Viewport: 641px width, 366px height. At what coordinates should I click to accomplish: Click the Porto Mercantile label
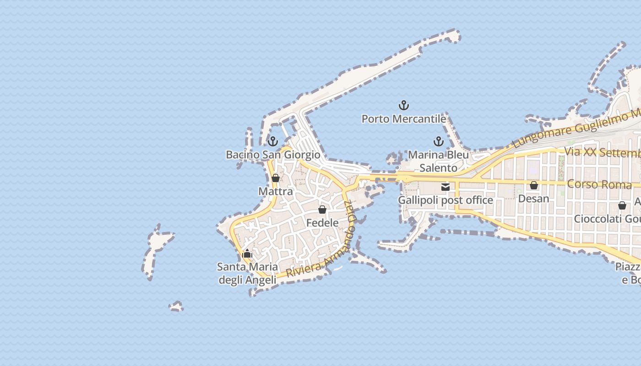[x=403, y=119]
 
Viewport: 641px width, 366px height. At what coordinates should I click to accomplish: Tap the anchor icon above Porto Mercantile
[x=403, y=106]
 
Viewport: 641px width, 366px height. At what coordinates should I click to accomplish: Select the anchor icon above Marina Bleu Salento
[x=439, y=141]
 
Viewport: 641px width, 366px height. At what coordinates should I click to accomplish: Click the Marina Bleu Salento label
[x=439, y=161]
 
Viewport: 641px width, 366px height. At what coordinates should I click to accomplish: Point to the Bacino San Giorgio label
[x=273, y=155]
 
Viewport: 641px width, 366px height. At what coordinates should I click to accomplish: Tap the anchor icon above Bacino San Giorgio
[x=273, y=141]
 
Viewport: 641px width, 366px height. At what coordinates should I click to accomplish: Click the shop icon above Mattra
[x=276, y=178]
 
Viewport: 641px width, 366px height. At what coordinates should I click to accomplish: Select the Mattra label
[x=276, y=191]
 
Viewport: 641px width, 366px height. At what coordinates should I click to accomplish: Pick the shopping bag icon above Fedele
[x=322, y=210]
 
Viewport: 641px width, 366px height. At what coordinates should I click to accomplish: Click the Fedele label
[x=322, y=223]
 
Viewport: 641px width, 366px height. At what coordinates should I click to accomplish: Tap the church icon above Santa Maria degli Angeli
[x=247, y=253]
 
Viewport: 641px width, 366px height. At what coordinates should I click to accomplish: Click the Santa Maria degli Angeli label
[x=247, y=273]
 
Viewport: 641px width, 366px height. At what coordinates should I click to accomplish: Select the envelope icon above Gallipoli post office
[x=445, y=187]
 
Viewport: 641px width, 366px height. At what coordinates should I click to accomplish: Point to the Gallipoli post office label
[x=445, y=200]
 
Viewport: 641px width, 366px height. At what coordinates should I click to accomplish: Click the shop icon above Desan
[x=534, y=185]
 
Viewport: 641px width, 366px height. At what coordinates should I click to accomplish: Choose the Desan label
[x=534, y=199]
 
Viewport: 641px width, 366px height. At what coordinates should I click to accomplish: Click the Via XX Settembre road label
[x=602, y=152]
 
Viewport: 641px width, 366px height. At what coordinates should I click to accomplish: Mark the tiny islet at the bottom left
[x=176, y=306]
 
